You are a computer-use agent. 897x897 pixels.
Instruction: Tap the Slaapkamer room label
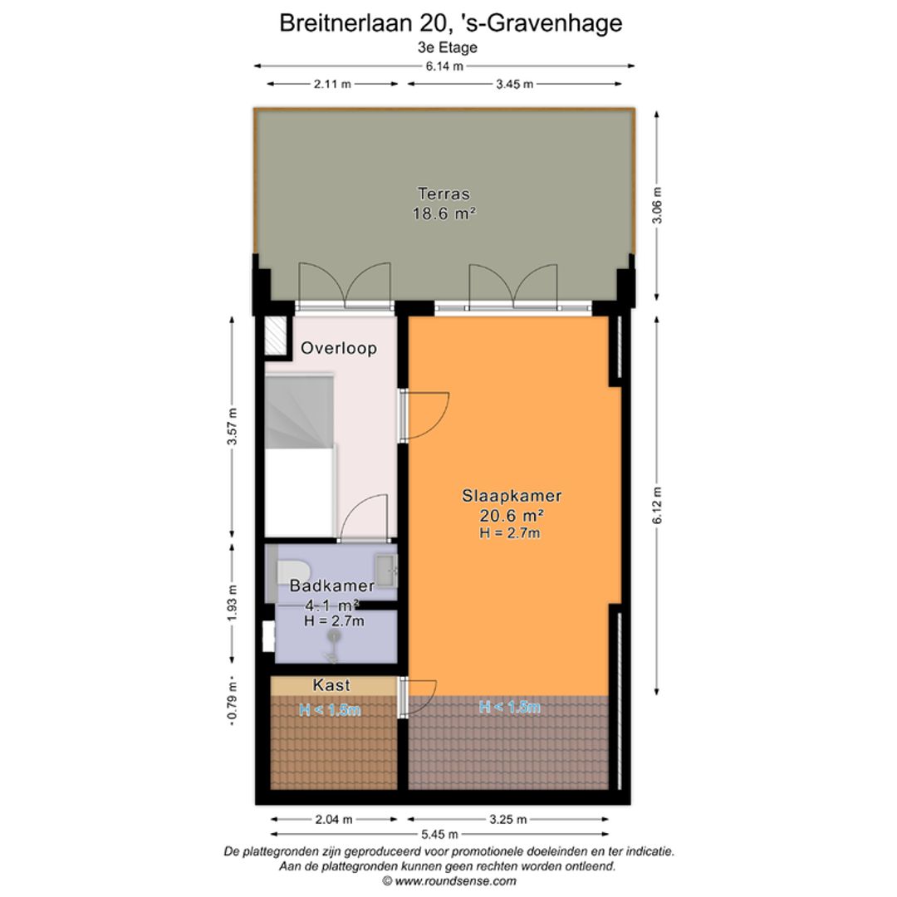click(512, 496)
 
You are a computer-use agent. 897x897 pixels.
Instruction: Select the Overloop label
click(339, 348)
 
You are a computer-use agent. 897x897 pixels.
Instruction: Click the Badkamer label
click(331, 586)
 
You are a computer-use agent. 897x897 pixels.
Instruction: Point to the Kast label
click(331, 685)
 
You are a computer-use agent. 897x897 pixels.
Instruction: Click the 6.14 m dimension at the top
click(445, 67)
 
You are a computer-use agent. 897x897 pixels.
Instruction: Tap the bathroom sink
click(386, 570)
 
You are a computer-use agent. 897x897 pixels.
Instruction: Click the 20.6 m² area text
click(512, 515)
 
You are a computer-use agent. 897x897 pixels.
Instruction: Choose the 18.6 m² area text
click(444, 213)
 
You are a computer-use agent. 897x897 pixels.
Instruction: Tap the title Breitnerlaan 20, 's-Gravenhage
click(450, 22)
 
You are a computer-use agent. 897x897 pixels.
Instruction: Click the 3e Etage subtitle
click(448, 47)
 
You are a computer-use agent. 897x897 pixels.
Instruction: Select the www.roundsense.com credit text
click(449, 881)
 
